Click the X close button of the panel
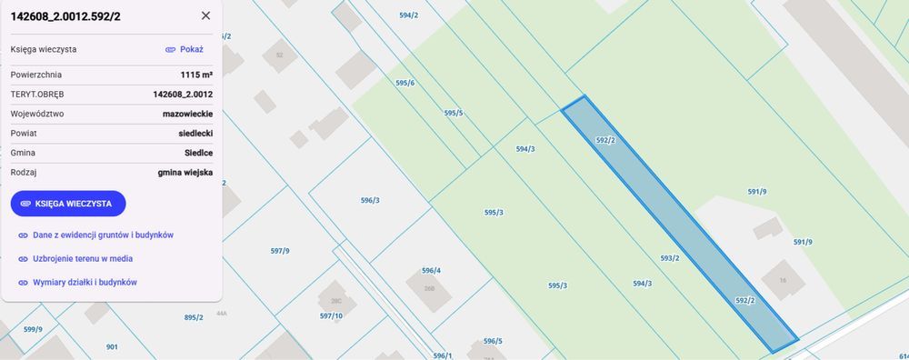[x=205, y=15]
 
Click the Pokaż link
[x=185, y=49]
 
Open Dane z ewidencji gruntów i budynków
[x=103, y=235]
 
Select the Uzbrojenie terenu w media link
[x=83, y=258]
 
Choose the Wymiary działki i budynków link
[x=85, y=282]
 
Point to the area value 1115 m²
[x=196, y=75]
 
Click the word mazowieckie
[x=187, y=114]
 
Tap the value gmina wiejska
[x=185, y=172]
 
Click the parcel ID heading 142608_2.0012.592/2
[x=66, y=15]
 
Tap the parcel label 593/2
[x=670, y=258]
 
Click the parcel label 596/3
[x=370, y=200]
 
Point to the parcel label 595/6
[x=405, y=83]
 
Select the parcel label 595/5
[x=454, y=113]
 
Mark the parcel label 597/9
[x=280, y=251]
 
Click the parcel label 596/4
[x=431, y=270]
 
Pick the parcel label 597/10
[x=331, y=315]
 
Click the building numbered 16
[x=782, y=280]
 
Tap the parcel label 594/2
[x=408, y=15]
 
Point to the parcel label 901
[x=112, y=346]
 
